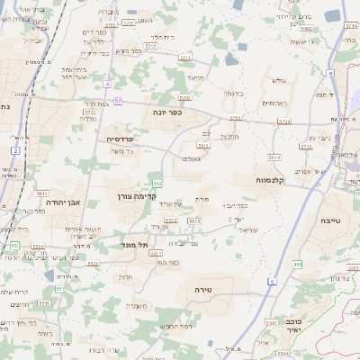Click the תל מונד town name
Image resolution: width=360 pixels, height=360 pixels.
pyautogui.click(x=135, y=244)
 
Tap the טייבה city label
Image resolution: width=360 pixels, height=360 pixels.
pyautogui.click(x=329, y=220)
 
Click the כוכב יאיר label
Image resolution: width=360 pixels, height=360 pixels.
pyautogui.click(x=311, y=325)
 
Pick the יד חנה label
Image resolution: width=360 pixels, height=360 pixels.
pyautogui.click(x=325, y=94)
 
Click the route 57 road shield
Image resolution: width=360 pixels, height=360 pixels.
pyautogui.click(x=118, y=101)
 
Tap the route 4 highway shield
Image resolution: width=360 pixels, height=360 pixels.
pyautogui.click(x=107, y=84)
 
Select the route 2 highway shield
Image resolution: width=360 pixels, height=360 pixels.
pyautogui.click(x=15, y=150)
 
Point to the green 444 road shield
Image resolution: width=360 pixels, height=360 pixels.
pyautogui.click(x=298, y=265)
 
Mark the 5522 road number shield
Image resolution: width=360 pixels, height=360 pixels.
pyautogui.click(x=94, y=264)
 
